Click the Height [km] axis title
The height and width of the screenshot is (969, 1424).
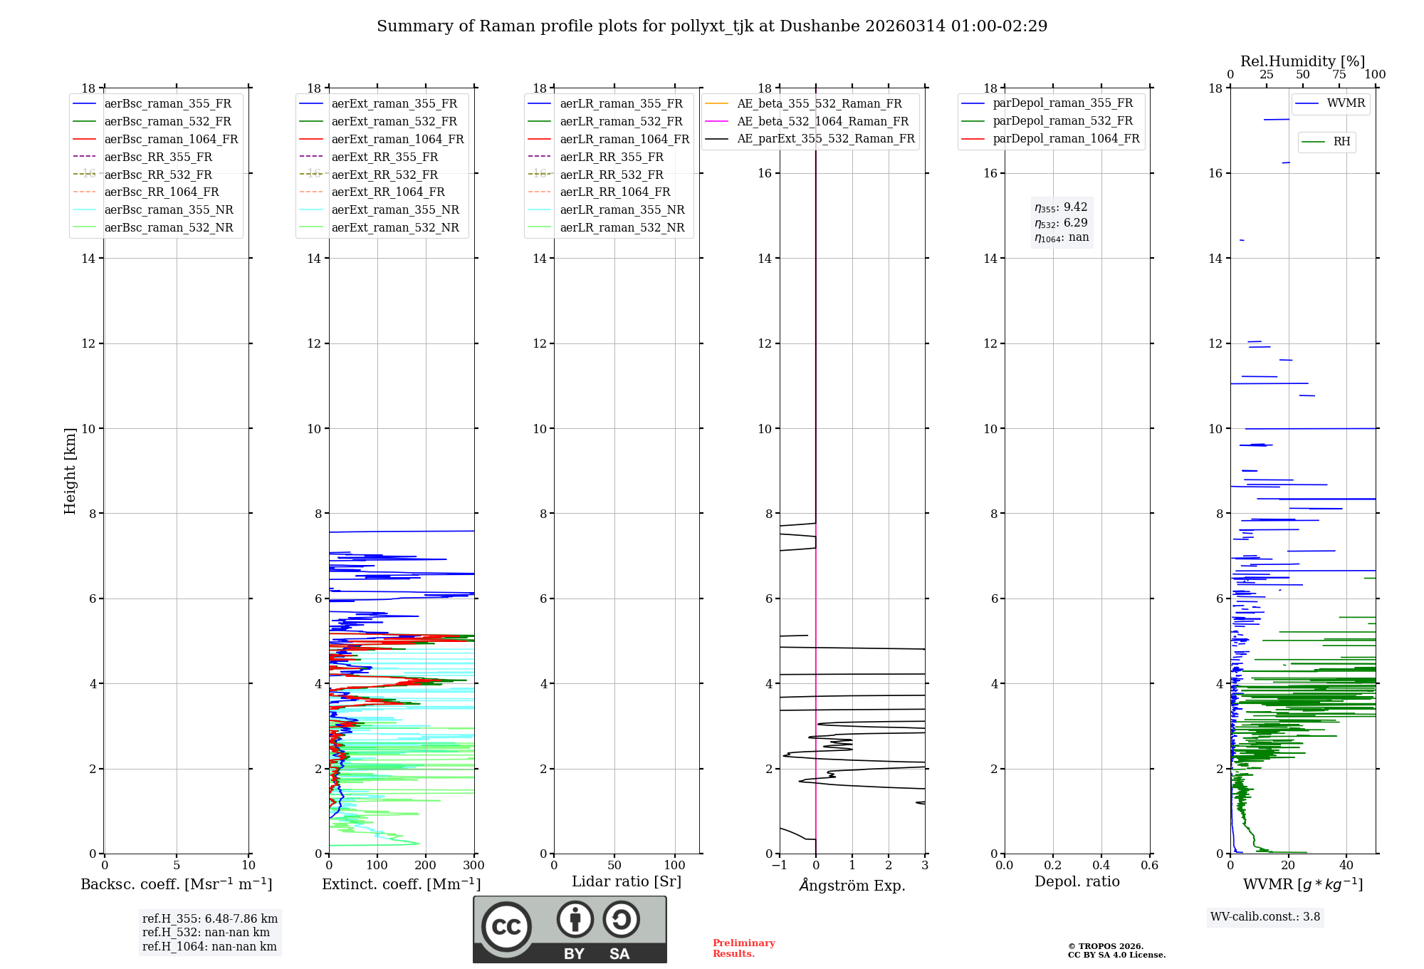70,470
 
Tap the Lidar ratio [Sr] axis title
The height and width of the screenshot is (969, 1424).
627,881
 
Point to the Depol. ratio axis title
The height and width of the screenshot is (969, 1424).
1077,881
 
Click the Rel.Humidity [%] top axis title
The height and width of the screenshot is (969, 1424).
1302,61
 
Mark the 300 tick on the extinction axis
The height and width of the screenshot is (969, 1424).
473,865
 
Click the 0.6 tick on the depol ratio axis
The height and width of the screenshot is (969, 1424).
1149,865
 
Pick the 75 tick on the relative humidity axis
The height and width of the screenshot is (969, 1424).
1339,75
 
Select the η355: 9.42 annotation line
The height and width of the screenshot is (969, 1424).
1061,207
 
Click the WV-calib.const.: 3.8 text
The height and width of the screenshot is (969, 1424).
1265,916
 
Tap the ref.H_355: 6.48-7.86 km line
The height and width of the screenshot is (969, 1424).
209,918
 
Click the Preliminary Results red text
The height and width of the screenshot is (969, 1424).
743,948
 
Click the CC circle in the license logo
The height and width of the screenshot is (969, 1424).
506,927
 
